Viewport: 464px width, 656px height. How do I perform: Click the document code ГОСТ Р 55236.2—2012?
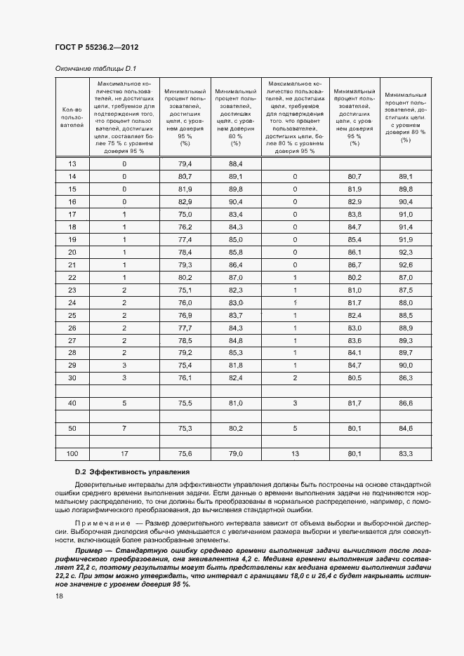[96, 47]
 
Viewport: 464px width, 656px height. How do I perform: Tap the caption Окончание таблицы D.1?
[95, 68]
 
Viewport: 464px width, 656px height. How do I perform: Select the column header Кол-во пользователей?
[72, 118]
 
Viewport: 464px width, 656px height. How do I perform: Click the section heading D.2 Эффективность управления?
[132, 471]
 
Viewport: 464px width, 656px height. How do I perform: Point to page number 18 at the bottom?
[59, 596]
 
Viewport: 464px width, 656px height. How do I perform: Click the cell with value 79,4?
[185, 163]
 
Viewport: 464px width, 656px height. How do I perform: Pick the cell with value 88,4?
[235, 163]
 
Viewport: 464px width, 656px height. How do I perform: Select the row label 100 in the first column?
[72, 454]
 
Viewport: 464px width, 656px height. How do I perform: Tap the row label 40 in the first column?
[72, 403]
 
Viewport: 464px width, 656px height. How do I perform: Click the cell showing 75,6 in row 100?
[185, 454]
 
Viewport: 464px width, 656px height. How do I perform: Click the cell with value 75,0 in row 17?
[185, 214]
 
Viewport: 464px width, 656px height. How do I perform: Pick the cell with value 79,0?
[235, 454]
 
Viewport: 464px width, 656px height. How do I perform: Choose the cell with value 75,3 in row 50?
[185, 428]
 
